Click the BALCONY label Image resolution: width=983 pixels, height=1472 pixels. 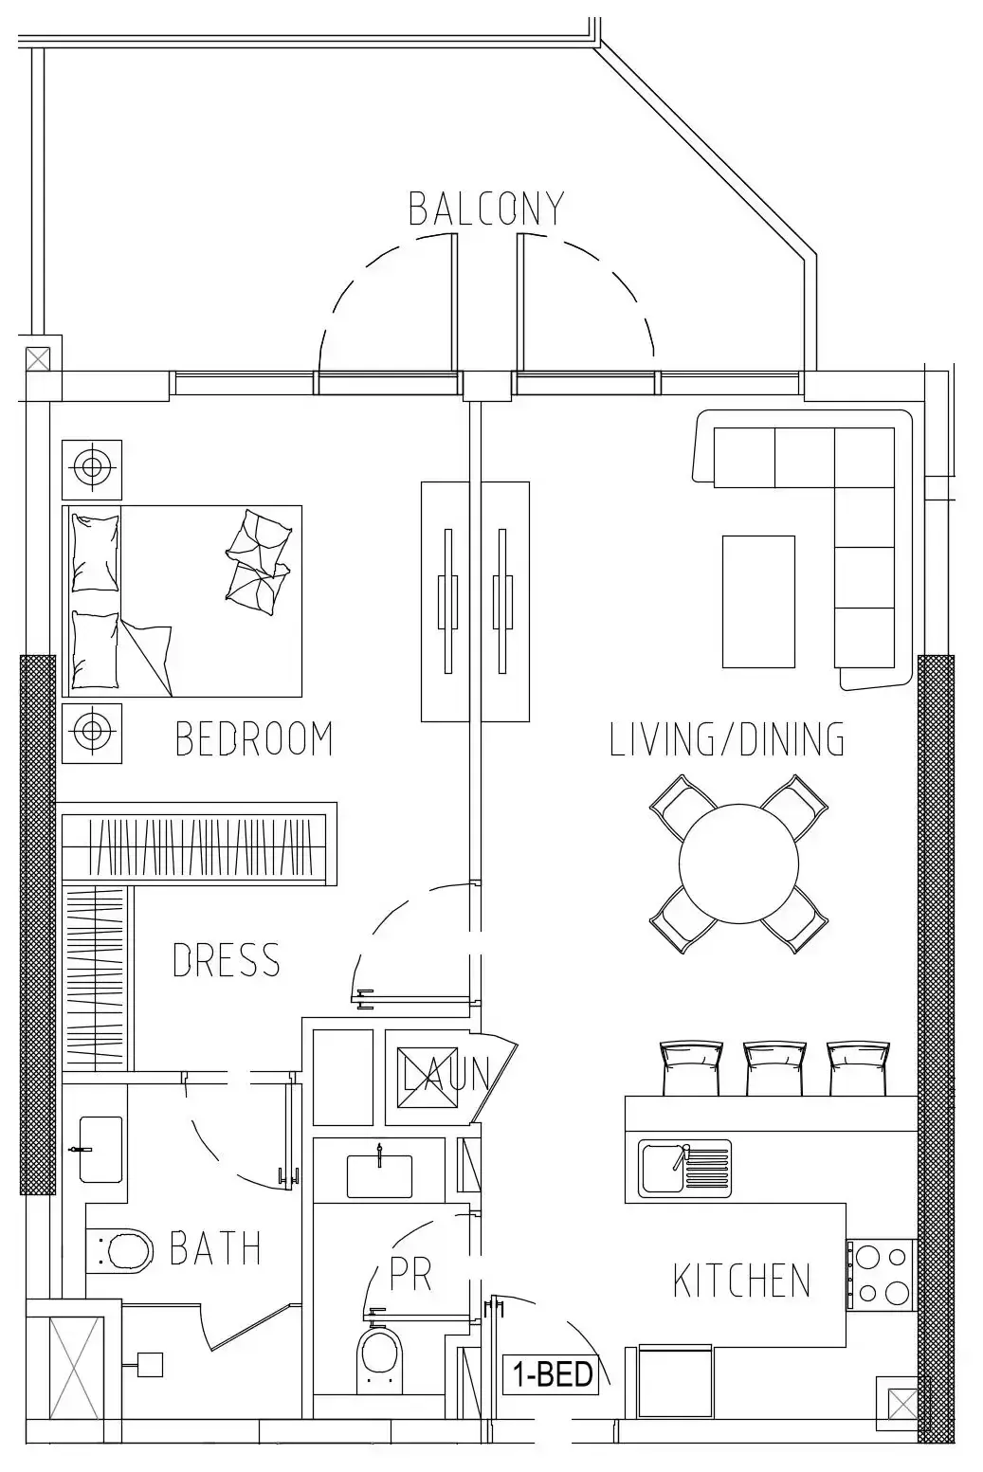[x=486, y=209]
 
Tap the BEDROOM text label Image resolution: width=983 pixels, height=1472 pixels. [x=254, y=738]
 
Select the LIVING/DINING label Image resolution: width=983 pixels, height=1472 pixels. [x=727, y=738]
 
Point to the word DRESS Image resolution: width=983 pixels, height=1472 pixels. [x=226, y=959]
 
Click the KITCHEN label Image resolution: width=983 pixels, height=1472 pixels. [x=742, y=1281]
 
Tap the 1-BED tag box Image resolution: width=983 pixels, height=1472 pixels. [x=551, y=1374]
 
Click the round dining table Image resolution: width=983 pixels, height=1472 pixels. [x=738, y=863]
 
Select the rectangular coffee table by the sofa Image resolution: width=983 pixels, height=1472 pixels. [x=758, y=601]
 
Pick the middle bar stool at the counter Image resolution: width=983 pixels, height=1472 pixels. [x=774, y=1068]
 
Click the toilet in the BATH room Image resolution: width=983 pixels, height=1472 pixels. [x=119, y=1250]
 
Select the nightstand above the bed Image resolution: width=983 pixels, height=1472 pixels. [x=92, y=469]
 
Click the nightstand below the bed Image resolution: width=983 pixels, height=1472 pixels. [x=92, y=734]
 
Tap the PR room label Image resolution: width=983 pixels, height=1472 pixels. [x=410, y=1274]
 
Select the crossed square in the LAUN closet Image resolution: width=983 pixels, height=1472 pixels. [x=428, y=1078]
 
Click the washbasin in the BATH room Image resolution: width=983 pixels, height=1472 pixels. [x=100, y=1150]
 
